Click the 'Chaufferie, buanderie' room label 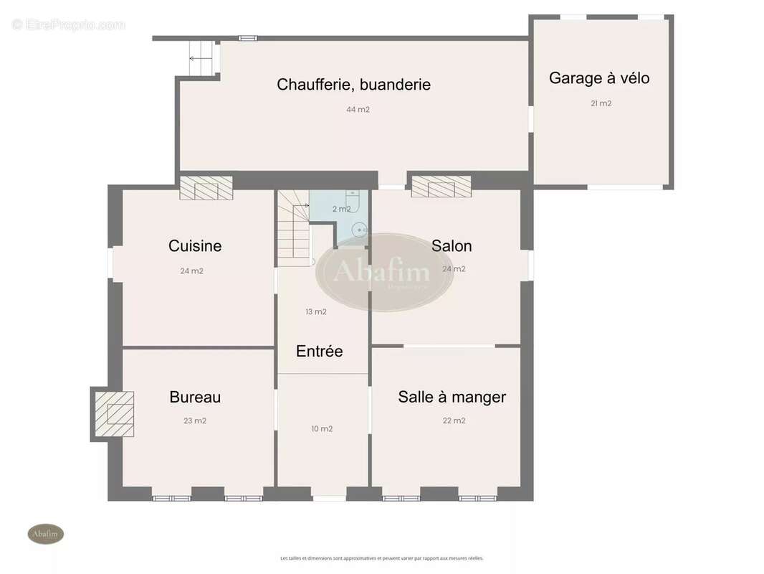point(353,85)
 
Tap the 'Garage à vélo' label point(599,78)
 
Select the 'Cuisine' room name point(195,246)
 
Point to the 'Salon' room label point(452,246)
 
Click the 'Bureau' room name point(195,397)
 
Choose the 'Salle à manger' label point(452,397)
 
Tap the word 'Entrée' point(319,352)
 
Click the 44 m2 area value point(358,110)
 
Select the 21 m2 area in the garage point(601,103)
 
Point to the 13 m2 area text point(316,311)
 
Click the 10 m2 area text point(322,429)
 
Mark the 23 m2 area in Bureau point(195,421)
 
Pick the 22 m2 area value point(454,421)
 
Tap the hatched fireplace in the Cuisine point(206,189)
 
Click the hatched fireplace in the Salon point(441,187)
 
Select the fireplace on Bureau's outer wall point(114,414)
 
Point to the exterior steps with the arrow point(201,57)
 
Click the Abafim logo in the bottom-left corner point(46,534)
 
